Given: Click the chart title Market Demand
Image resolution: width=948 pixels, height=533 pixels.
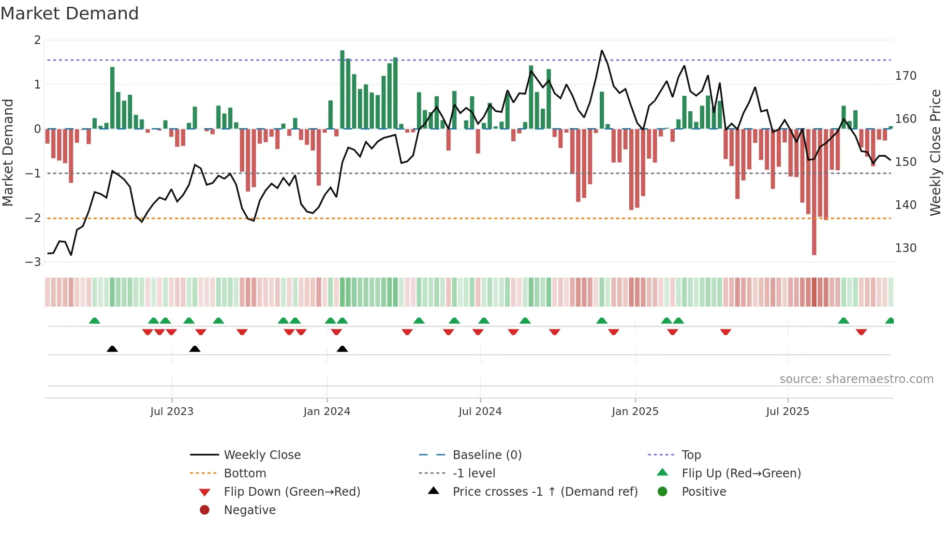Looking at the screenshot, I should (x=70, y=14).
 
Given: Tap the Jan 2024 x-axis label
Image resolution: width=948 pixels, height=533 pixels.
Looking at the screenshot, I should (x=326, y=412).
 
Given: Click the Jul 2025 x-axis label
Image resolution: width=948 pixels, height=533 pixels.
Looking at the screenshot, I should (x=787, y=412).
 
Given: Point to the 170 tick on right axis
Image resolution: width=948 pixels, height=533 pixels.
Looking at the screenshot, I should (x=905, y=76).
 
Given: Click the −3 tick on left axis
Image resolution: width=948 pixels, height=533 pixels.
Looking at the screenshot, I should (x=33, y=262).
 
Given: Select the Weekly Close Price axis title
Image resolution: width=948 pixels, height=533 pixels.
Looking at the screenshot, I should (x=935, y=152).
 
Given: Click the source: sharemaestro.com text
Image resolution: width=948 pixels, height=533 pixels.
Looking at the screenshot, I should (x=856, y=379).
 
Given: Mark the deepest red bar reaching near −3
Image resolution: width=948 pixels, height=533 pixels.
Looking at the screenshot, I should (x=814, y=193).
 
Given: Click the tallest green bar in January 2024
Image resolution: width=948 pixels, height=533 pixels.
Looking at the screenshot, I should (x=342, y=89).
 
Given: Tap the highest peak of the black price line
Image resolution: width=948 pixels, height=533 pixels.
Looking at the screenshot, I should (x=602, y=51).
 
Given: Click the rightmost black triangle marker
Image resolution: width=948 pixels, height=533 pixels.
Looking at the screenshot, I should (x=342, y=349).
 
